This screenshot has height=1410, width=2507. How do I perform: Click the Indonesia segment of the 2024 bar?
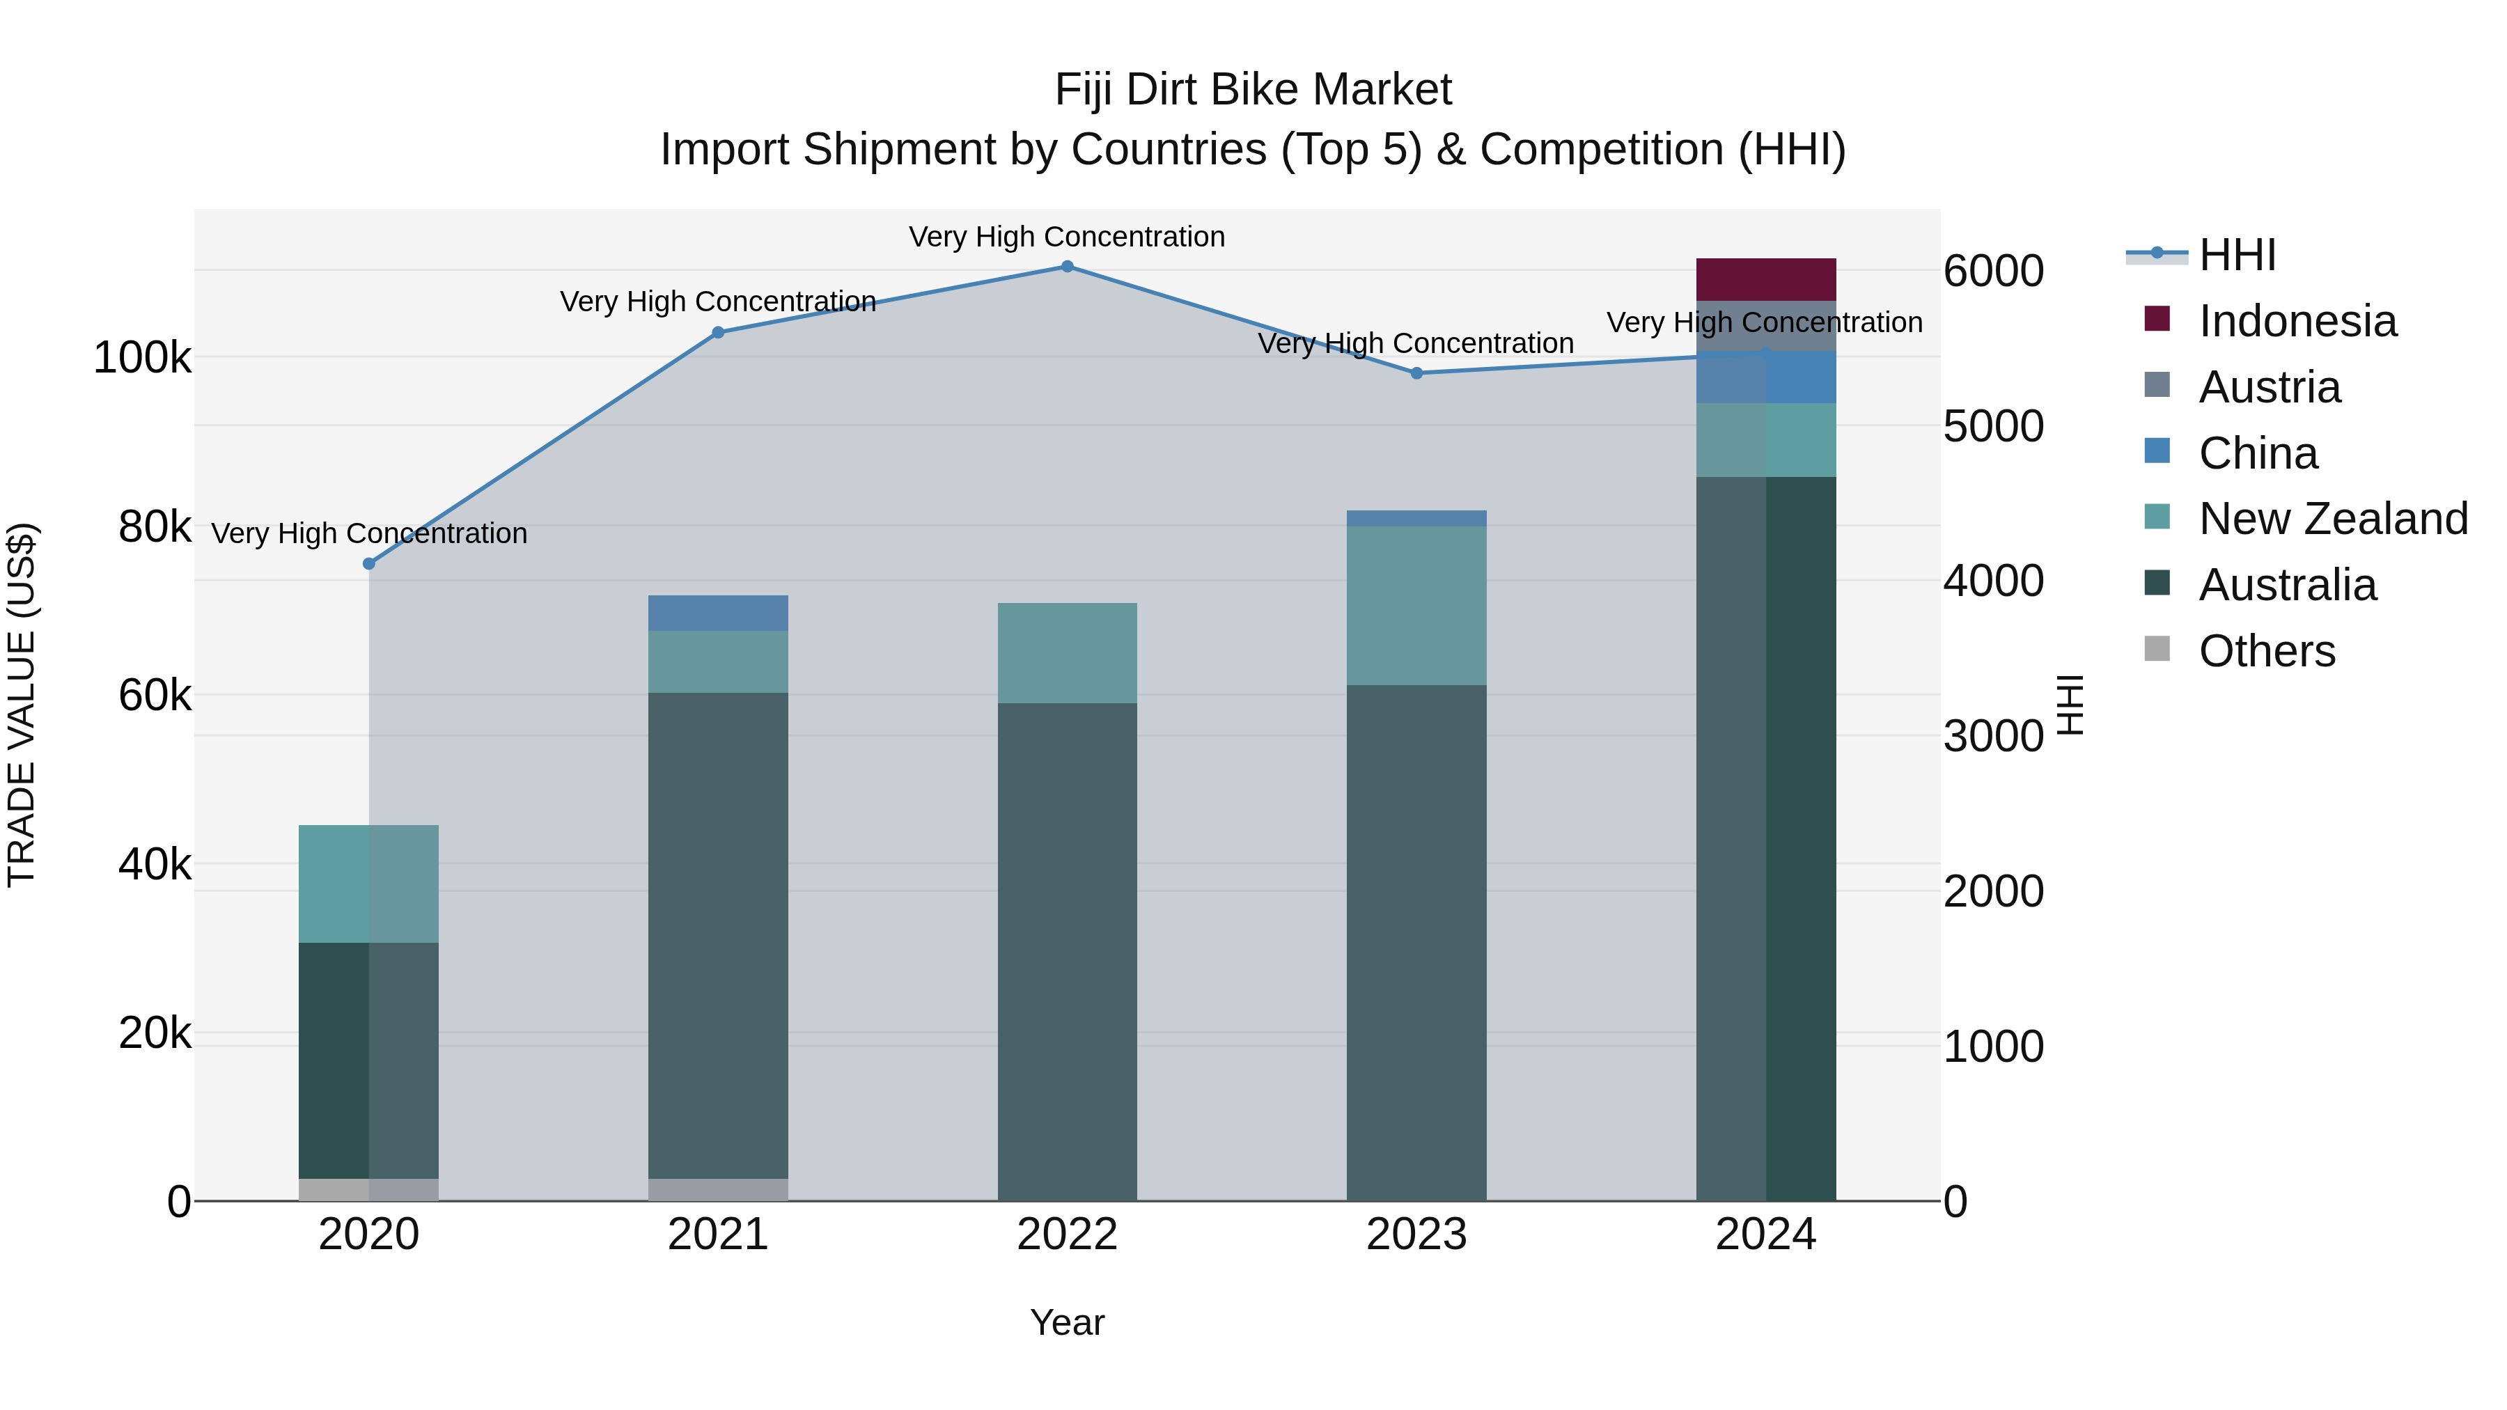[1765, 279]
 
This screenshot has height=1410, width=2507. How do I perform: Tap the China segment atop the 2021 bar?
[717, 612]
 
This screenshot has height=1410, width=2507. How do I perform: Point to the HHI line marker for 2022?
[1067, 267]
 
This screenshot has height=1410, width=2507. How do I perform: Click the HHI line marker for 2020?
[369, 563]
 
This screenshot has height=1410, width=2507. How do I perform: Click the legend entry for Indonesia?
[2297, 321]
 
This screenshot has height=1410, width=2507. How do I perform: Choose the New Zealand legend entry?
[2332, 519]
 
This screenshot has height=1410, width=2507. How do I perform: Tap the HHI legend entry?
[2236, 255]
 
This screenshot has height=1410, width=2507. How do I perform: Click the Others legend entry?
[2265, 651]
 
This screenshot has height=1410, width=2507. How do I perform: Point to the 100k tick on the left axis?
[142, 358]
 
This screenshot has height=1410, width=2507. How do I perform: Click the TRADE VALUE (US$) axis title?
[22, 705]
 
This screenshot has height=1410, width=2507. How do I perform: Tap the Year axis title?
[1067, 1322]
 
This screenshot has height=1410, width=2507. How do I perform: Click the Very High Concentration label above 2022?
[1067, 237]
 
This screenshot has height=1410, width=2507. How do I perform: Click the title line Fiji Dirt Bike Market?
[1253, 90]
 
